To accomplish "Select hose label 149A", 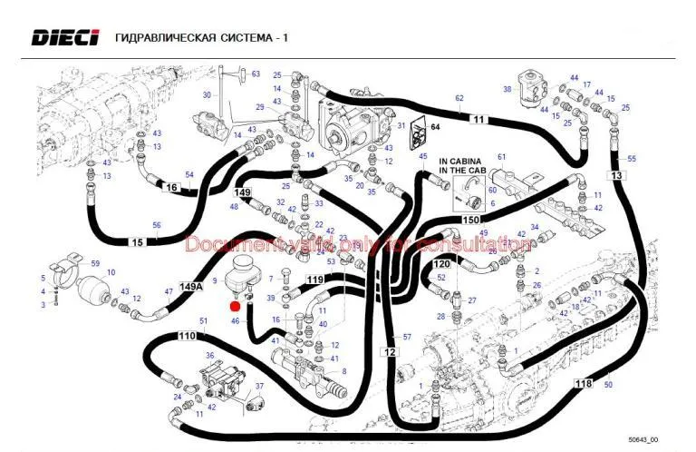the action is pyautogui.click(x=192, y=287).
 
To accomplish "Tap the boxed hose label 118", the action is pyautogui.click(x=585, y=384).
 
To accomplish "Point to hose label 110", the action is pyautogui.click(x=188, y=336).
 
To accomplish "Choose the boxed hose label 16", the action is pyautogui.click(x=170, y=189).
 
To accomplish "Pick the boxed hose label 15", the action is pyautogui.click(x=137, y=242).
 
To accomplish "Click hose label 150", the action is pyautogui.click(x=471, y=221).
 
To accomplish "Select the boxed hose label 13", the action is pyautogui.click(x=617, y=175).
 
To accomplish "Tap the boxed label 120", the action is pyautogui.click(x=441, y=264).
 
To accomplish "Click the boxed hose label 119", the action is pyautogui.click(x=314, y=279).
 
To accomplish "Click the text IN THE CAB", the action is pyautogui.click(x=462, y=170).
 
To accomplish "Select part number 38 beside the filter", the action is pyautogui.click(x=507, y=90).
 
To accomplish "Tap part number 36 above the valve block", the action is pyautogui.click(x=209, y=356).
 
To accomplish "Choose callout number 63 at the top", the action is pyautogui.click(x=256, y=74).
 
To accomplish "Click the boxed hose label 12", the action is pyautogui.click(x=391, y=351).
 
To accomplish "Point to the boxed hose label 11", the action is pyautogui.click(x=478, y=119).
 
